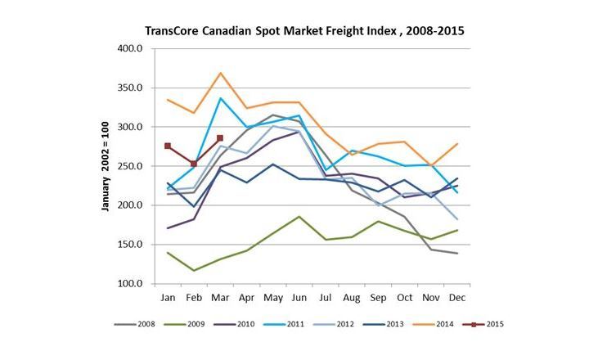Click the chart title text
coord(304,30)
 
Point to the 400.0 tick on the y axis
coord(131,48)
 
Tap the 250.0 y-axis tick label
coord(131,166)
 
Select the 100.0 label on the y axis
coord(131,284)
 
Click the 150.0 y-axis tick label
coord(131,245)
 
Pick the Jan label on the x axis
coord(168,297)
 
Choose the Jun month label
coord(299,297)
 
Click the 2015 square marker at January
coord(168,146)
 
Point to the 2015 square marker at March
coord(220,138)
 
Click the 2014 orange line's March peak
coord(220,73)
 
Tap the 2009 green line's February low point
coord(194,271)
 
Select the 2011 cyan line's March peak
coord(220,98)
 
